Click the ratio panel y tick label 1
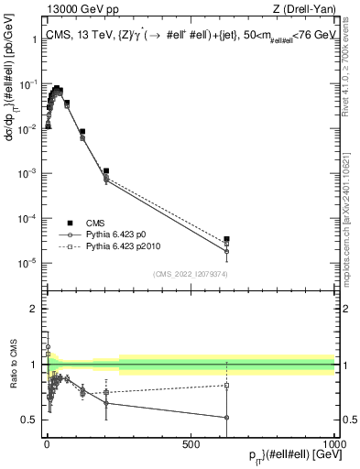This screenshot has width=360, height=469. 33,365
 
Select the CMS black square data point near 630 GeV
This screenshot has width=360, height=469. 226,239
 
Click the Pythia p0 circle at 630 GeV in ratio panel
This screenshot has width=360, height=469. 226,418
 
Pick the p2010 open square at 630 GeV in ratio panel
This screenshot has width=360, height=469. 226,386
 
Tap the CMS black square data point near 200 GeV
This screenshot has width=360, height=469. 106,171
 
